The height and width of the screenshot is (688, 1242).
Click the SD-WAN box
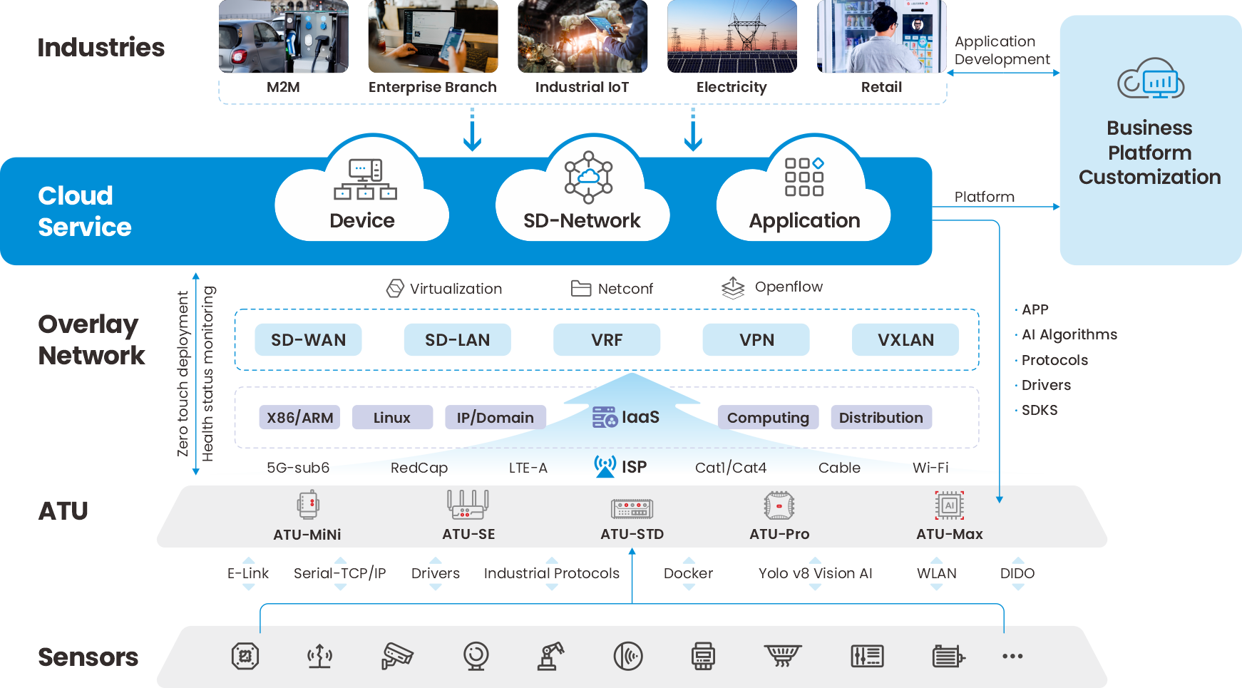[308, 340]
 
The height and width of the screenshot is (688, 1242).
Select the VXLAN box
[905, 340]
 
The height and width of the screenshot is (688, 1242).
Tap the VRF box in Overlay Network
[607, 340]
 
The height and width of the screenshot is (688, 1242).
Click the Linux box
[392, 418]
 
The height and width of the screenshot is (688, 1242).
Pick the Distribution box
[881, 418]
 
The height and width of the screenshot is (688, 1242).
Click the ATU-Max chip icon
[949, 505]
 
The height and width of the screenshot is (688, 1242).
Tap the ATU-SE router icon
[468, 504]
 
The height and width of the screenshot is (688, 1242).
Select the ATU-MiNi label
[307, 535]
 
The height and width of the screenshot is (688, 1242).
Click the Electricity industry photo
[732, 37]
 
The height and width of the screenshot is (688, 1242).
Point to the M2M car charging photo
[283, 37]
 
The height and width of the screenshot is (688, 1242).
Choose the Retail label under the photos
[881, 87]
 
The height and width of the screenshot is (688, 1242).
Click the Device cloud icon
[365, 179]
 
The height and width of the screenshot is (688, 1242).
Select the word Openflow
[789, 287]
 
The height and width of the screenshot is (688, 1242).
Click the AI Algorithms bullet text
[1069, 334]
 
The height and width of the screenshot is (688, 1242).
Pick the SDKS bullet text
[1040, 410]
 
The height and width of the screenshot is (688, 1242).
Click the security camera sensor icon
[396, 656]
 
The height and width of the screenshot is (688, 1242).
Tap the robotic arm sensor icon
[550, 656]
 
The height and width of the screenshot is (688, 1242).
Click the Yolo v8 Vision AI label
[815, 573]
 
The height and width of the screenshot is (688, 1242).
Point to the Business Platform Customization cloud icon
[1150, 79]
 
